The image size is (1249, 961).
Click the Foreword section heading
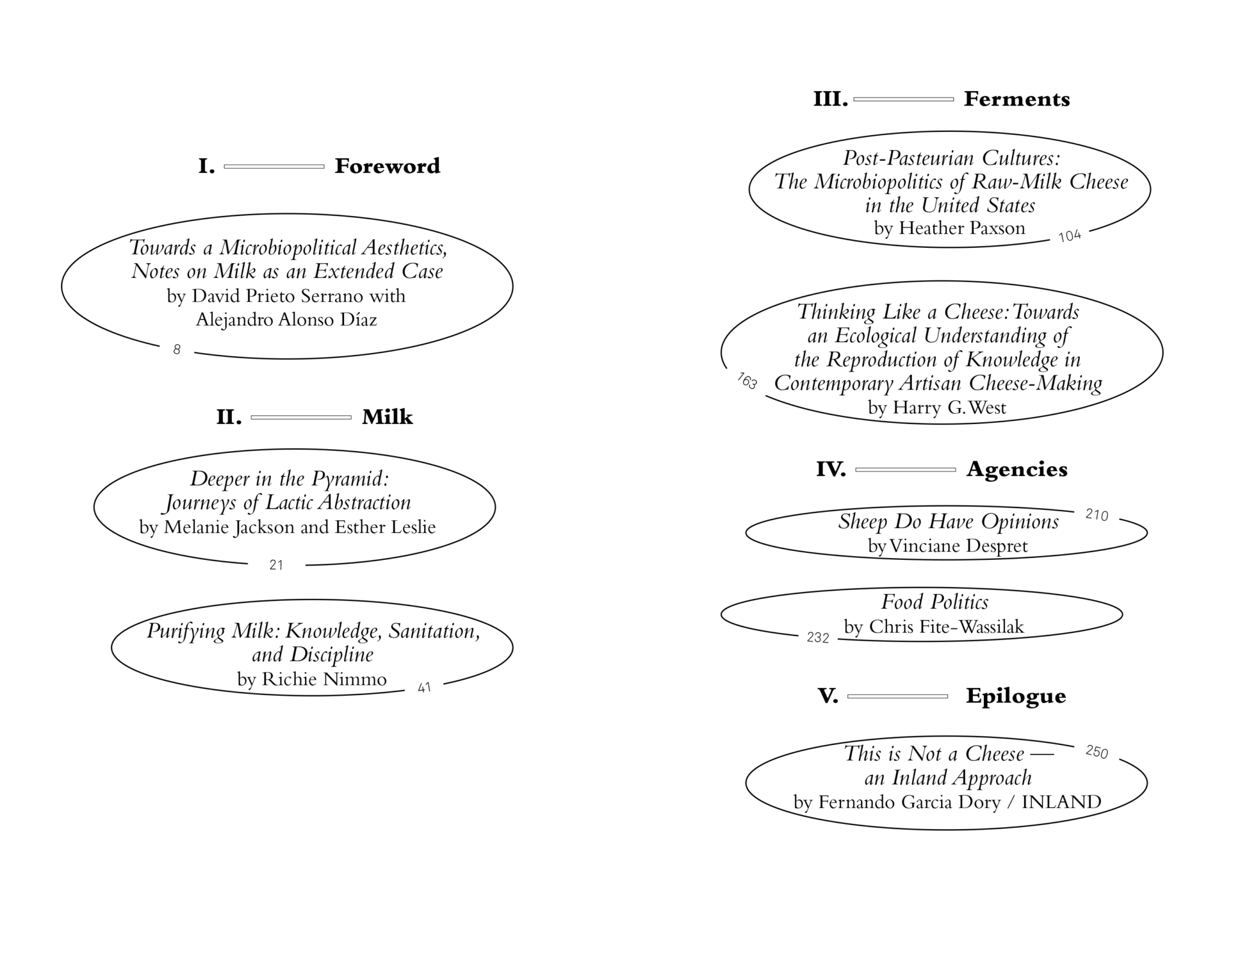pos(387,167)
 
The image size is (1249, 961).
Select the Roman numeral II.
pos(229,418)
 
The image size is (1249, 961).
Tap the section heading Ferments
pos(1016,99)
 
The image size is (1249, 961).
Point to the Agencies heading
pos(1016,470)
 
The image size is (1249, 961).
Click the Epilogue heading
pos(1016,696)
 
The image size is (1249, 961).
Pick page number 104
pos(1070,236)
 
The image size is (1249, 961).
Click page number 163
pos(747,381)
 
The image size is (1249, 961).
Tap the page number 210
pos(1097,515)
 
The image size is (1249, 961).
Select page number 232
pos(818,637)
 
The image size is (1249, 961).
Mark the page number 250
pos(1097,752)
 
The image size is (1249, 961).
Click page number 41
pos(424,688)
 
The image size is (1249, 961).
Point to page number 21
pos(276,565)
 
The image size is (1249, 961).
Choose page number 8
pos(177,350)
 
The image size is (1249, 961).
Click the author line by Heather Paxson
pos(949,228)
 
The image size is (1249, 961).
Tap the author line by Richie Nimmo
pos(312,679)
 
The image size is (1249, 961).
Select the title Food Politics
pos(935,602)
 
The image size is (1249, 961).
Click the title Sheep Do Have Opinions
pos(948,522)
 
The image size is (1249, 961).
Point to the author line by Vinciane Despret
pos(947,546)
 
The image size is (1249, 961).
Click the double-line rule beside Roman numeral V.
pos(897,696)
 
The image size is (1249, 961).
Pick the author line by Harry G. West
pos(937,407)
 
